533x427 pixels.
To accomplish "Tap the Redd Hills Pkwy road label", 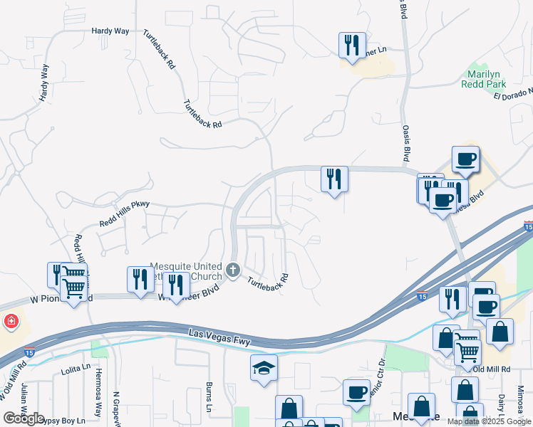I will (125, 213).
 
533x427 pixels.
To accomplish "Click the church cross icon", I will (234, 270).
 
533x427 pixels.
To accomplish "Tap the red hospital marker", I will (10, 322).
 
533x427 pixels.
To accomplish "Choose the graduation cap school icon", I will (264, 369).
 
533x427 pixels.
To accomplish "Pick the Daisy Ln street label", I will (502, 406).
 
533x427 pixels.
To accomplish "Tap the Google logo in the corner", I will (24, 418).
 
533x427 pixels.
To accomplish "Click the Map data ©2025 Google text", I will (488, 421).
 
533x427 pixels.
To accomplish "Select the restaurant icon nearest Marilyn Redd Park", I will (352, 46).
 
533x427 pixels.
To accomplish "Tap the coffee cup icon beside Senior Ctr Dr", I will (356, 392).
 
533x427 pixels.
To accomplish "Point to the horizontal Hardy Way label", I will (110, 31).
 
